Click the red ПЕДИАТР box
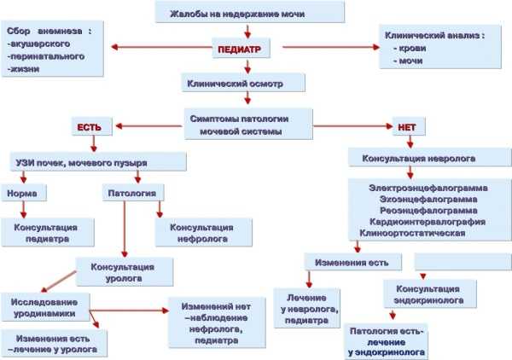(241, 49)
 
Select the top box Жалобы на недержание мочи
(250, 12)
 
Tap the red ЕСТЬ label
(92, 126)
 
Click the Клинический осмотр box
(243, 83)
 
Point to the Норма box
(24, 193)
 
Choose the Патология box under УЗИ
(133, 193)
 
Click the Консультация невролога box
(429, 158)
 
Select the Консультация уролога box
(125, 272)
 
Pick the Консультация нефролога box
(203, 232)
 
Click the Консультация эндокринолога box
(430, 293)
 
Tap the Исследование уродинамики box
(45, 307)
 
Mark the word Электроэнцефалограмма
(428, 188)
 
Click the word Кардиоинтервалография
(428, 222)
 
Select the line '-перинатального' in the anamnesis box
(46, 56)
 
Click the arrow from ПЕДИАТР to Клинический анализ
(331, 47)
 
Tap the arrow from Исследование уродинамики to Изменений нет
(130, 310)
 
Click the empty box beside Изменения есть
(463, 261)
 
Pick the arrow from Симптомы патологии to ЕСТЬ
(148, 126)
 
